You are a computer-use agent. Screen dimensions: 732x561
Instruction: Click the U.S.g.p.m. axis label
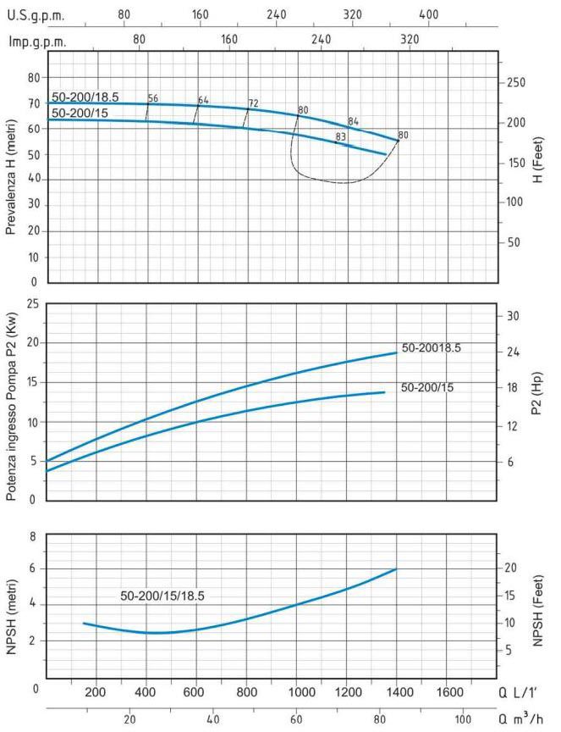(x=36, y=14)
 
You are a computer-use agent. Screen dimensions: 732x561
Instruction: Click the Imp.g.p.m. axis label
(x=37, y=41)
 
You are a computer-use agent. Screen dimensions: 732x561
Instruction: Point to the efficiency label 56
(x=153, y=98)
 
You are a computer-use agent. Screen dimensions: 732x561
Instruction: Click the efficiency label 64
(x=203, y=100)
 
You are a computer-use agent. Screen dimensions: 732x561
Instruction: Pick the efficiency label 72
(x=253, y=103)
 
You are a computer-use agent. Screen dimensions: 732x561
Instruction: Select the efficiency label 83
(x=341, y=136)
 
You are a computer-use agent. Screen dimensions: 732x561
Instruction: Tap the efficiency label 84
(x=354, y=121)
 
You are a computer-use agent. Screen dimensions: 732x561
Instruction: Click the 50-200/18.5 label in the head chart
(x=85, y=97)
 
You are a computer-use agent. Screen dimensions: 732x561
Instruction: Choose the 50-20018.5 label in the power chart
(x=432, y=348)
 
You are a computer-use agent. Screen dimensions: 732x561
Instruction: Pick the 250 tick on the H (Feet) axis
(x=517, y=83)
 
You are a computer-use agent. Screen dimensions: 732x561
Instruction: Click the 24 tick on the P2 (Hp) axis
(x=512, y=352)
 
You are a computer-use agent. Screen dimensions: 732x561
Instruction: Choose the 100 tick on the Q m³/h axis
(x=463, y=719)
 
